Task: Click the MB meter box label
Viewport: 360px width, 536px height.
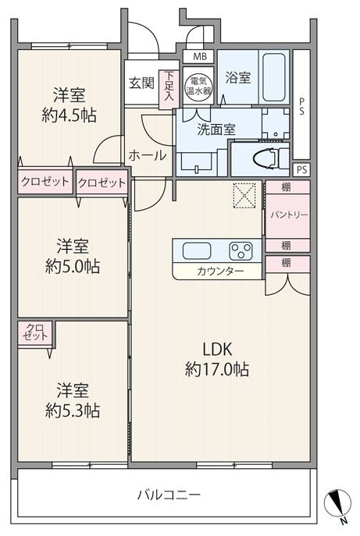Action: [x=200, y=56]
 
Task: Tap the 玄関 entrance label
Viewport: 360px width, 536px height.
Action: [x=141, y=83]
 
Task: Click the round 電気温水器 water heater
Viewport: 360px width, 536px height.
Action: [x=198, y=86]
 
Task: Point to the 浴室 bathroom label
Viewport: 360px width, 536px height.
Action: [x=238, y=77]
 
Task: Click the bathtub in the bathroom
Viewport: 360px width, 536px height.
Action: [x=273, y=77]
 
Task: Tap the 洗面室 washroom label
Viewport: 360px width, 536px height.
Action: [x=216, y=130]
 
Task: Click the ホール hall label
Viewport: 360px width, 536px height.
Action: [x=148, y=155]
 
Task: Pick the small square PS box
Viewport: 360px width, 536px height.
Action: [x=301, y=169]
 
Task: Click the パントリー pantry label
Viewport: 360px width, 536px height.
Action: [x=289, y=215]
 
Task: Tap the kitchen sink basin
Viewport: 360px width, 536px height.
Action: [x=197, y=251]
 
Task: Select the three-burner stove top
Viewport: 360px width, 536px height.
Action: [x=241, y=251]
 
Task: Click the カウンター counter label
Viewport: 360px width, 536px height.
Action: [x=220, y=272]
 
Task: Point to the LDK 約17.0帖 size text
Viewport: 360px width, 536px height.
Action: [x=217, y=359]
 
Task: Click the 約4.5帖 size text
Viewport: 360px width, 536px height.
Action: [x=69, y=115]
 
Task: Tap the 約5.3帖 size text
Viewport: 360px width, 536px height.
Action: [x=73, y=410]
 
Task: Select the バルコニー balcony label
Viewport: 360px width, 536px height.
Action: [x=169, y=495]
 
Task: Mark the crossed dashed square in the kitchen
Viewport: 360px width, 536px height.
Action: [x=244, y=195]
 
